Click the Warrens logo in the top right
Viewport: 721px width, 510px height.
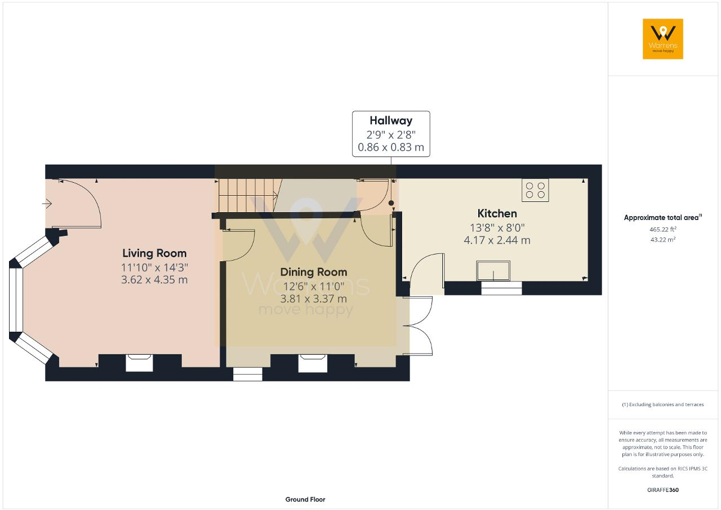[x=662, y=38]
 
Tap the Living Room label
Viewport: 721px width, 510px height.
[x=154, y=253]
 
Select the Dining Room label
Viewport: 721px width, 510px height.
[x=314, y=272]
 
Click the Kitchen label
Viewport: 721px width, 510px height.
[x=497, y=213]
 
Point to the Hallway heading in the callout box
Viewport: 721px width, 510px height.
[x=391, y=121]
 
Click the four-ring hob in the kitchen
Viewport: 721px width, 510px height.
[x=535, y=190]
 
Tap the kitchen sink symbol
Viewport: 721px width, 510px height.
[x=493, y=271]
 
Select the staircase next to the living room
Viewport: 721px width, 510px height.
[x=248, y=195]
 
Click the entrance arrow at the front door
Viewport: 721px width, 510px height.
[x=47, y=204]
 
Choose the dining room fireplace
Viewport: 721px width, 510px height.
[x=313, y=363]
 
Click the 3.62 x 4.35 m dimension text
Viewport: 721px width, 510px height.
[x=154, y=280]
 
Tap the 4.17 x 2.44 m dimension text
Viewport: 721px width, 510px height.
[x=497, y=240]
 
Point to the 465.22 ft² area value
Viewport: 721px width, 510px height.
[x=662, y=229]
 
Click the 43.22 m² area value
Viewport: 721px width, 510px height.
[x=662, y=239]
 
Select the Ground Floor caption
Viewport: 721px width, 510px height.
[x=305, y=499]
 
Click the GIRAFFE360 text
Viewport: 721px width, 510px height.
[x=662, y=490]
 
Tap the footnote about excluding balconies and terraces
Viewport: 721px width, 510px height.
[x=662, y=405]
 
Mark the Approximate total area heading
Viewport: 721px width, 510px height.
[x=662, y=217]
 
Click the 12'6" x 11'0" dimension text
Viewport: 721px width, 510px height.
[x=314, y=286]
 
